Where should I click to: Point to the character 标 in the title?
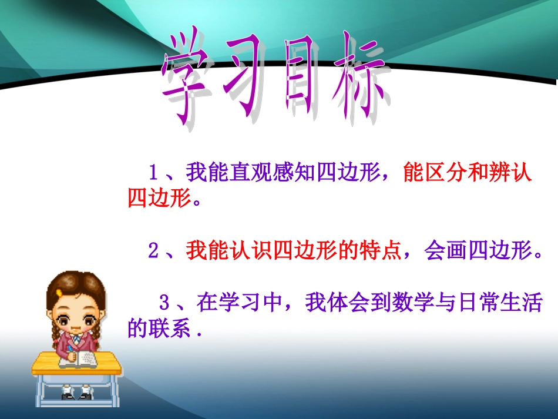click(358, 82)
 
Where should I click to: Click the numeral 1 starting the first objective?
click(153, 173)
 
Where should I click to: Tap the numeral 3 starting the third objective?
click(165, 304)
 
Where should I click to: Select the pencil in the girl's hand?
click(69, 351)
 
